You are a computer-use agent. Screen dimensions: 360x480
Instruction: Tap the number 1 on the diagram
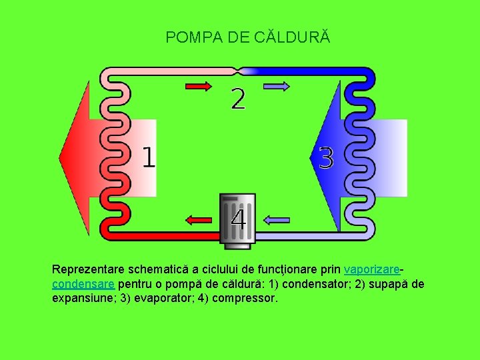pos(149,157)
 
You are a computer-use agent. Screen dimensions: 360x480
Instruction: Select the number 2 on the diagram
pos(238,99)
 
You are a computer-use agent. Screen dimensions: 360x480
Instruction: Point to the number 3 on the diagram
pos(326,158)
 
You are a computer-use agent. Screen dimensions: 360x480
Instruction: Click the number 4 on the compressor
pos(238,218)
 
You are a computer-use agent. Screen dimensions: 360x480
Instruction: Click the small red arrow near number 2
pos(198,86)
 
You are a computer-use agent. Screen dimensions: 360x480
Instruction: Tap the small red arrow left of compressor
pos(198,219)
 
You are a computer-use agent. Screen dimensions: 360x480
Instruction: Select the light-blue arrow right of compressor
pos(277,219)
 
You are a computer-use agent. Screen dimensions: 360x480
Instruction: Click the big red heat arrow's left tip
pos(61,157)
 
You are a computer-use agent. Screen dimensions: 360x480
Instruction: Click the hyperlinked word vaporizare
pos(371,270)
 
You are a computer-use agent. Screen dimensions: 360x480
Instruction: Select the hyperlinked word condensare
pos(83,284)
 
